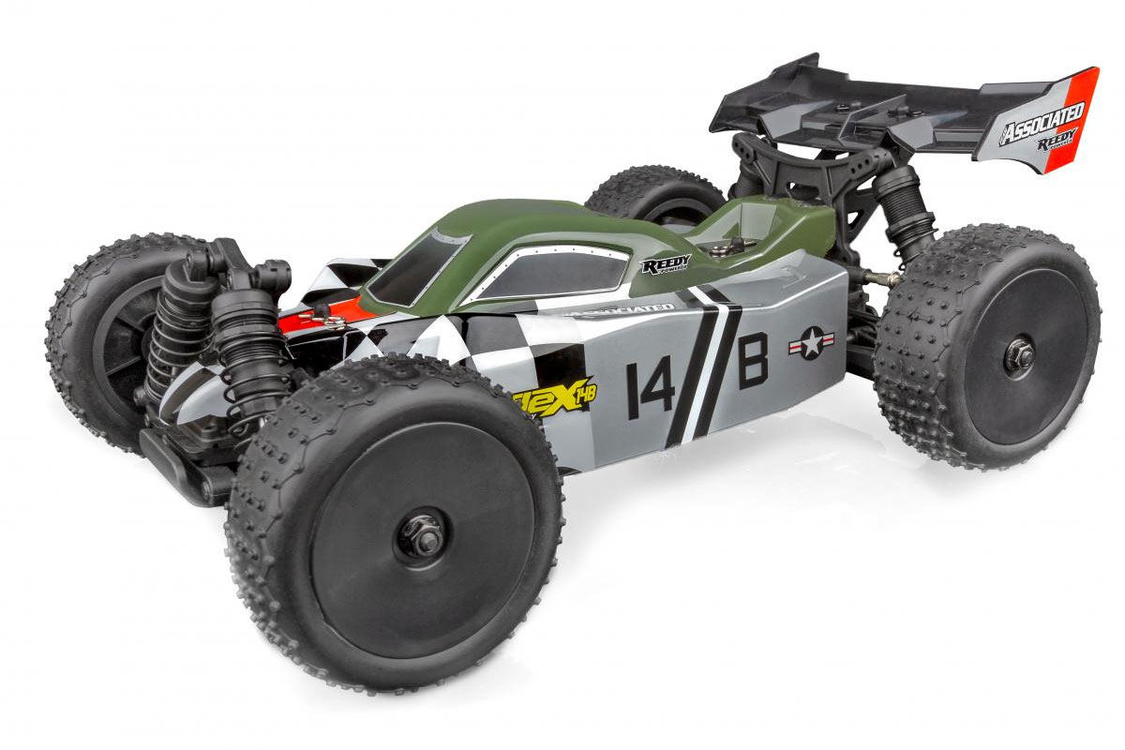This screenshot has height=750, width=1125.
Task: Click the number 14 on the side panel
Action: pos(650,385)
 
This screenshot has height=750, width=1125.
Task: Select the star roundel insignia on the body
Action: pos(811,343)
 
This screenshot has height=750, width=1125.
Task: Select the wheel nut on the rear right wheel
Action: pos(1019,355)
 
